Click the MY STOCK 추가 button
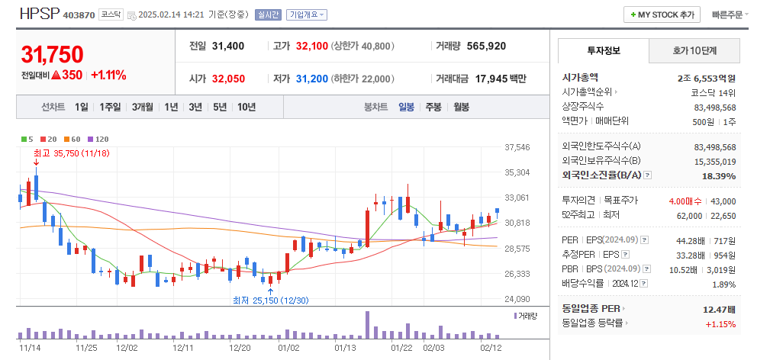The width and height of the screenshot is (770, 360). [662, 14]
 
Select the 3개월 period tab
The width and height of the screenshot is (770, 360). [143, 107]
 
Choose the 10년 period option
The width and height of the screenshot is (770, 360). [246, 107]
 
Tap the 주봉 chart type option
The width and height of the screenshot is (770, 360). [433, 107]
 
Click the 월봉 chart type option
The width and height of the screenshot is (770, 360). [461, 107]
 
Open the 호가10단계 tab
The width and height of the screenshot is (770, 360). [694, 50]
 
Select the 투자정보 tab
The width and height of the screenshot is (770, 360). [604, 50]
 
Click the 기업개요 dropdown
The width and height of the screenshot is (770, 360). [307, 14]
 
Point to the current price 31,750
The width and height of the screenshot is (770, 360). [52, 55]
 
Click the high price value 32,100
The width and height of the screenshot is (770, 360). [311, 46]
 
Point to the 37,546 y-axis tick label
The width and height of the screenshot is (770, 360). [517, 147]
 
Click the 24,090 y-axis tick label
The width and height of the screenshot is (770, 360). [517, 299]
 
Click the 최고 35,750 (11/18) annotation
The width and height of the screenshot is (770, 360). [72, 153]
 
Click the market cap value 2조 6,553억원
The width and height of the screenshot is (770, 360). [706, 78]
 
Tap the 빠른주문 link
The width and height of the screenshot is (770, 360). [730, 14]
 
